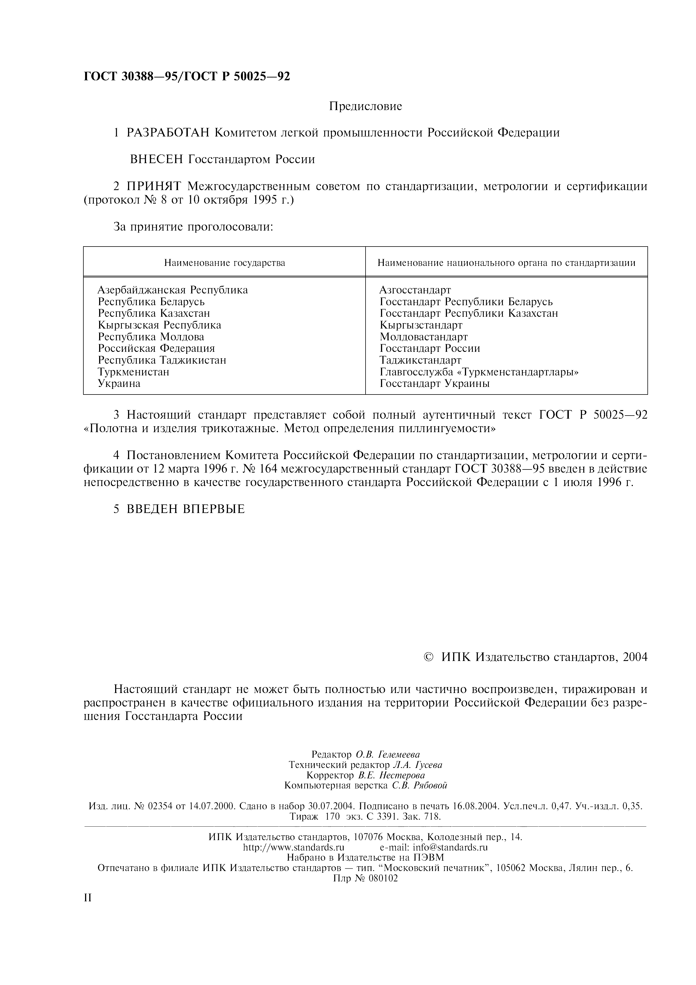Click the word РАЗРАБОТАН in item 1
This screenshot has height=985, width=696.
tap(168, 133)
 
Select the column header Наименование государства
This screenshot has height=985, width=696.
tap(224, 263)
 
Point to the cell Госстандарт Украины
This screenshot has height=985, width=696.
tap(434, 384)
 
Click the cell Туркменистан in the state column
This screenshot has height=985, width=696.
tap(133, 372)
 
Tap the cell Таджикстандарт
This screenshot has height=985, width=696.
tap(420, 360)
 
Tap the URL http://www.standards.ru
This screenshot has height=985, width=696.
tap(293, 847)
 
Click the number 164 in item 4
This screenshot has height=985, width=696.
tap(270, 469)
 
